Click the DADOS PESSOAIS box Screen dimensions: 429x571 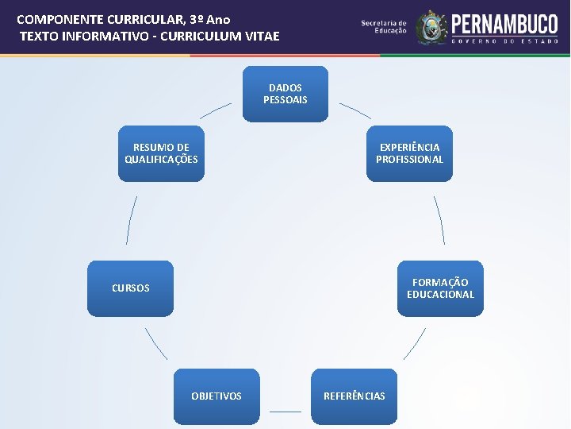[x=285, y=94]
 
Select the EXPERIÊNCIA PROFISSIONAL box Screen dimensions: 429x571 [x=409, y=153]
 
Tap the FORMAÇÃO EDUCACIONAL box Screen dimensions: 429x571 [x=440, y=288]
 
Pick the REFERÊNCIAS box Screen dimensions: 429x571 [x=354, y=396]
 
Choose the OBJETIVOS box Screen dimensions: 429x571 [x=217, y=396]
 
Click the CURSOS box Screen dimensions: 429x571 [x=130, y=288]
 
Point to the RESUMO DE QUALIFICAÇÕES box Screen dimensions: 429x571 [x=161, y=153]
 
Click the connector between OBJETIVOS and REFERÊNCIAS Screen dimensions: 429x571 [x=285, y=412]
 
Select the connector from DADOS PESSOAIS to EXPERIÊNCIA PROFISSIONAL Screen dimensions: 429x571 [x=355, y=110]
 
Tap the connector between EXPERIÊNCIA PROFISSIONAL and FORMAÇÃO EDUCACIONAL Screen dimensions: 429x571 [x=439, y=220]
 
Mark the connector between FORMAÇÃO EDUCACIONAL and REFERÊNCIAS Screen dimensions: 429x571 [x=414, y=344]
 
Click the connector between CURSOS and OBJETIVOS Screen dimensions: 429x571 [x=156, y=344]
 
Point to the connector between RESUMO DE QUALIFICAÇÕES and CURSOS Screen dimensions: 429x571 [x=132, y=220]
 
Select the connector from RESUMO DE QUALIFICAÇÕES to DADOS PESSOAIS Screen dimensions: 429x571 [x=215, y=110]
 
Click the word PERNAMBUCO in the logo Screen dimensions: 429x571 [x=504, y=23]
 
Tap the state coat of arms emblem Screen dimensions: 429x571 [x=432, y=28]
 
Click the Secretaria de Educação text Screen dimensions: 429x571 [x=384, y=27]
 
